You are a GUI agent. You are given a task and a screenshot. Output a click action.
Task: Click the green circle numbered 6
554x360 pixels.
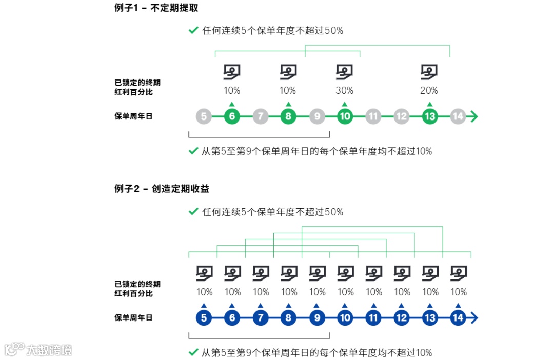(232, 116)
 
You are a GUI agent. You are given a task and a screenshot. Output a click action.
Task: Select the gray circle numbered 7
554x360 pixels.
(261, 116)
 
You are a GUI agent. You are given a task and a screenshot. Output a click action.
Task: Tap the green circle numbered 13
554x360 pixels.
(430, 116)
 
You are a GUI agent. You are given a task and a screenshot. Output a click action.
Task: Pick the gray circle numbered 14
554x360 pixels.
(458, 116)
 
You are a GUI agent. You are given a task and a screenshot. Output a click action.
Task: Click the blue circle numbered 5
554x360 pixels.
(204, 318)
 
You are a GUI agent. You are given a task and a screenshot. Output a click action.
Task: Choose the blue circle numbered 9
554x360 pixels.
(317, 318)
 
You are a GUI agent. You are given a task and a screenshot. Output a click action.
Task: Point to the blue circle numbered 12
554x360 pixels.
(402, 318)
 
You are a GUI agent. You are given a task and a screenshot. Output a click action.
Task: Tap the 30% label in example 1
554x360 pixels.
(344, 91)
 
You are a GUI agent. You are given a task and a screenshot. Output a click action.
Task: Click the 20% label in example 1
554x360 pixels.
(429, 91)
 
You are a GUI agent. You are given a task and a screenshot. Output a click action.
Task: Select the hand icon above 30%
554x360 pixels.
(344, 72)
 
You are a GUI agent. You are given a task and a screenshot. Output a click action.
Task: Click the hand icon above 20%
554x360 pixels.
(429, 72)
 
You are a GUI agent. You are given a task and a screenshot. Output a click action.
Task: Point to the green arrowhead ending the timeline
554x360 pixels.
(474, 116)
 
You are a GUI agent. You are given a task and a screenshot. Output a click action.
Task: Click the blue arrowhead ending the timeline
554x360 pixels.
(474, 318)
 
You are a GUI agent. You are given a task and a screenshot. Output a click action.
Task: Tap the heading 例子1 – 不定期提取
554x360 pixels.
(156, 8)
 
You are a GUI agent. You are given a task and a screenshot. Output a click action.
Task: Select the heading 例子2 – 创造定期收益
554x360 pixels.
(162, 189)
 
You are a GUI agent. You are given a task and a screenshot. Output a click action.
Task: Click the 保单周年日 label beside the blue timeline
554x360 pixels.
(133, 318)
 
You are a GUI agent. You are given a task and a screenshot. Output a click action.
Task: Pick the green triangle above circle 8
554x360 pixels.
(288, 104)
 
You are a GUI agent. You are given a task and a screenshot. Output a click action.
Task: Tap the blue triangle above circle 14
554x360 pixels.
(458, 306)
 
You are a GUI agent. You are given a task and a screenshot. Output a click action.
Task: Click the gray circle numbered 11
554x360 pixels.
(373, 116)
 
